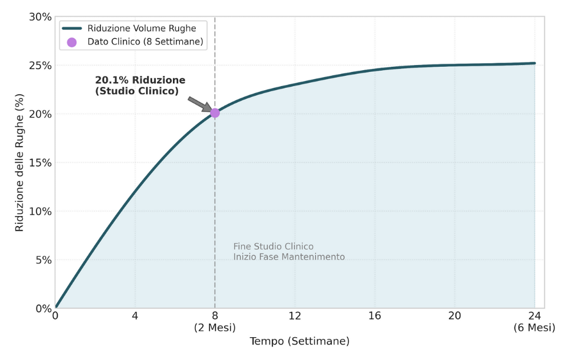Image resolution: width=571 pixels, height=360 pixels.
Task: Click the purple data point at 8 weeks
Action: pyautogui.click(x=215, y=113)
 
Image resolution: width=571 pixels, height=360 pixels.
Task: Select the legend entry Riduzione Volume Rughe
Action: pyautogui.click(x=142, y=28)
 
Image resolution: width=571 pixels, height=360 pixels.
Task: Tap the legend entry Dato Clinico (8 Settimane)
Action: pyautogui.click(x=146, y=42)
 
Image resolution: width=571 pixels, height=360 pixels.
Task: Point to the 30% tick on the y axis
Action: pyautogui.click(x=40, y=17)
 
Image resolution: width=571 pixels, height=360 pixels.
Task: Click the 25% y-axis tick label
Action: pyautogui.click(x=40, y=66)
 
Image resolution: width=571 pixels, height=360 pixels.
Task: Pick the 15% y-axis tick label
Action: pyautogui.click(x=40, y=163)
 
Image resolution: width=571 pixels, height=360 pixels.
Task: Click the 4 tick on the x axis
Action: pyautogui.click(x=135, y=316)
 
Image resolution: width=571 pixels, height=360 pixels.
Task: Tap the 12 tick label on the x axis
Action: pyautogui.click(x=295, y=316)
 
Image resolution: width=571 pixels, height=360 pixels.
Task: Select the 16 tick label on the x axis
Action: pyautogui.click(x=375, y=316)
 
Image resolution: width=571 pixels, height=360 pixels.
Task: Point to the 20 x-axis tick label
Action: pyautogui.click(x=455, y=316)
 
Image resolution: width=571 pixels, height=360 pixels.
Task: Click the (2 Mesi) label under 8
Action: pyautogui.click(x=215, y=327)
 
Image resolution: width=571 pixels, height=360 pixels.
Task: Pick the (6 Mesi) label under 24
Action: pyautogui.click(x=534, y=327)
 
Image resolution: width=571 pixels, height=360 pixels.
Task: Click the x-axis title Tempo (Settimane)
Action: pyautogui.click(x=299, y=341)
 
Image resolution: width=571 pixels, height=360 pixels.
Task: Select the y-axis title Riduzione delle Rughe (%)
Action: pyautogui.click(x=20, y=163)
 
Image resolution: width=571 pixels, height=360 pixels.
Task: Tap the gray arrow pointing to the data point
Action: pyautogui.click(x=199, y=104)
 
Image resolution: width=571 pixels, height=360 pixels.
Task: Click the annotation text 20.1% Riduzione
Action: pyautogui.click(x=140, y=80)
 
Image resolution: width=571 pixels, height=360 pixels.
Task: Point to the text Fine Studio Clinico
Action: pyautogui.click(x=273, y=246)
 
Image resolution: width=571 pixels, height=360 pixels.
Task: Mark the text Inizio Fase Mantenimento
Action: pyautogui.click(x=289, y=257)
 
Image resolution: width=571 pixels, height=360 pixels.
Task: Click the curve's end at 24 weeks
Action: pyautogui.click(x=534, y=63)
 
